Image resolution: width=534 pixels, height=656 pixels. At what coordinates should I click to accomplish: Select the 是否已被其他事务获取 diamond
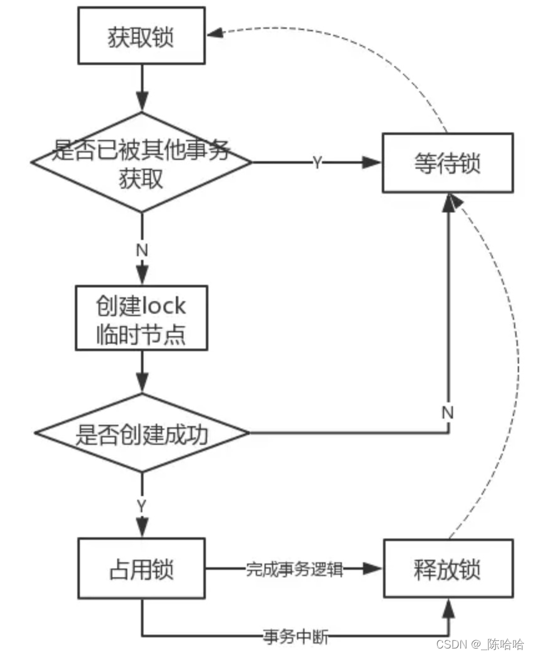142,162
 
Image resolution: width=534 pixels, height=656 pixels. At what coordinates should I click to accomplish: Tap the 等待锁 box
447,164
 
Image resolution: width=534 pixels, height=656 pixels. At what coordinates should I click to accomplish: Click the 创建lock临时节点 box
142,318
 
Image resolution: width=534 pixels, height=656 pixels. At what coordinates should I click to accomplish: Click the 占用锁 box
142,569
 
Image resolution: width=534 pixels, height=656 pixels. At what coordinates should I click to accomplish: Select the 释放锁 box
447,569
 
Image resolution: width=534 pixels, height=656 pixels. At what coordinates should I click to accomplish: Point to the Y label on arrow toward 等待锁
318,163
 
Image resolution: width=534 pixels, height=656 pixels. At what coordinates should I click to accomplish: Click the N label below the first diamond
142,248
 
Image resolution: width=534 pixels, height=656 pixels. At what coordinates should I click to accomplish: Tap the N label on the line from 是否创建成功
447,412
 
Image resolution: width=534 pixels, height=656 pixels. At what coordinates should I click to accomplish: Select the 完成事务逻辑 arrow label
294,569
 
